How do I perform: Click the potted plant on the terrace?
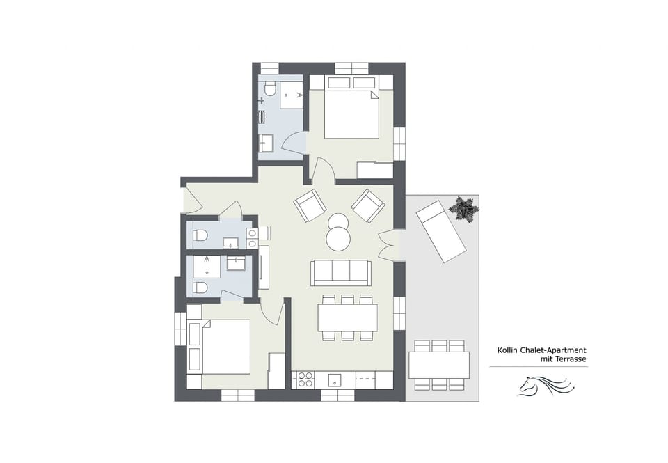(x=463, y=209)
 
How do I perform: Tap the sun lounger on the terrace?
(x=440, y=231)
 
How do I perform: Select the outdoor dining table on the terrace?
(x=438, y=365)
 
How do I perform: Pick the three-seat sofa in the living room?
(x=341, y=272)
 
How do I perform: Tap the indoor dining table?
(x=347, y=317)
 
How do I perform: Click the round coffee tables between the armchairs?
(x=339, y=232)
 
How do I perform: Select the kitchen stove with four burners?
(x=305, y=379)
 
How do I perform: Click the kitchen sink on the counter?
(x=335, y=380)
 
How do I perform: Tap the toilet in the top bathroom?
(x=270, y=90)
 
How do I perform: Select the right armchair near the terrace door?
(x=368, y=205)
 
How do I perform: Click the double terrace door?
(x=388, y=244)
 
